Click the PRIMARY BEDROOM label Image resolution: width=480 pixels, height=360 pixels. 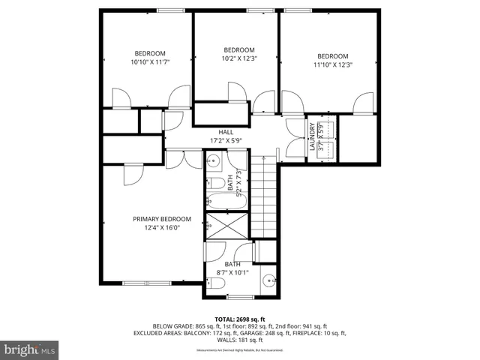[162, 219]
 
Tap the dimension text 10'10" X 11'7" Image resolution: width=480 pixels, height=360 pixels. [150, 63]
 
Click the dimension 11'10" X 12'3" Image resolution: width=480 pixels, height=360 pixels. [332, 65]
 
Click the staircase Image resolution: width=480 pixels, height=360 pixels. [264, 195]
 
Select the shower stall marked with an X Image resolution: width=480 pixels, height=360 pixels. [226, 224]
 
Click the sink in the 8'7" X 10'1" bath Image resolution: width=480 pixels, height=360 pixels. [270, 283]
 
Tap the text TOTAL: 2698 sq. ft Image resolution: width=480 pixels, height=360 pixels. [240, 319]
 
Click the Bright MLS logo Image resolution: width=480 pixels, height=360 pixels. [30, 349]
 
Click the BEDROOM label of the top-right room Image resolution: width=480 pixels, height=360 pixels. [332, 56]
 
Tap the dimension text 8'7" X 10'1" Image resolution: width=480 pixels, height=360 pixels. [232, 273]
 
